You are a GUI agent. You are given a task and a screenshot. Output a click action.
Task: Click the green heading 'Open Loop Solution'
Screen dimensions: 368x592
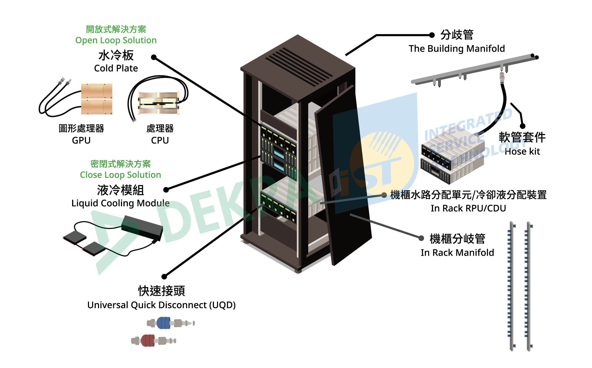[116, 40]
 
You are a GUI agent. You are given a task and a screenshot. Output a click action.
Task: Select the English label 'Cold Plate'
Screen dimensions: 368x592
[116, 68]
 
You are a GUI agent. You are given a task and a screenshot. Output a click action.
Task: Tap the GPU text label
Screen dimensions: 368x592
[81, 140]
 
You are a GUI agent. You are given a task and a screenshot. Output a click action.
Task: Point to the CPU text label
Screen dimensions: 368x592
[160, 140]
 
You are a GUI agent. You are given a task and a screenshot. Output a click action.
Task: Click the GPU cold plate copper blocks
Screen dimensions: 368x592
[97, 99]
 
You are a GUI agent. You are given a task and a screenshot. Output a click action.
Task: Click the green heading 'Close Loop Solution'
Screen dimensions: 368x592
[120, 175]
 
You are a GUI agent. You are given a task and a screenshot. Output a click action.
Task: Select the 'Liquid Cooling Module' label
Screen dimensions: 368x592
[120, 203]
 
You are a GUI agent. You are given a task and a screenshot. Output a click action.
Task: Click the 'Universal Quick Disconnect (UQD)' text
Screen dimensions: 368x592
[161, 305]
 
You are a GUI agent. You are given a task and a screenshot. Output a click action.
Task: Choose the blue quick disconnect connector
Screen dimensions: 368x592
[164, 323]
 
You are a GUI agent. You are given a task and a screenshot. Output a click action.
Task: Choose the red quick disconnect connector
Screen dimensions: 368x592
[148, 341]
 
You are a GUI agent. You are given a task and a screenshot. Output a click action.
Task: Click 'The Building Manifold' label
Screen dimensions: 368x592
[457, 49]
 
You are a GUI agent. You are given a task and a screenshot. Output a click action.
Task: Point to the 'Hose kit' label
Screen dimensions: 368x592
[522, 152]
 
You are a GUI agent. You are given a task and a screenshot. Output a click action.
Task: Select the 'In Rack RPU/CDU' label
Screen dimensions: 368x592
[468, 208]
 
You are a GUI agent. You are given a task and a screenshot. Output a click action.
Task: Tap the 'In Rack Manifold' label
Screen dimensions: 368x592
[457, 253]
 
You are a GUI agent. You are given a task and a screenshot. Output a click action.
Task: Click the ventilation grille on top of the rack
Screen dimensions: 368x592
[298, 67]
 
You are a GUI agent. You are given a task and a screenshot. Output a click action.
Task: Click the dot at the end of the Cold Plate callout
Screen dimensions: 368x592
[154, 57]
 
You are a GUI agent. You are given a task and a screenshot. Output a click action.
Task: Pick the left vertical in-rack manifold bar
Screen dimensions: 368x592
[511, 286]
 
